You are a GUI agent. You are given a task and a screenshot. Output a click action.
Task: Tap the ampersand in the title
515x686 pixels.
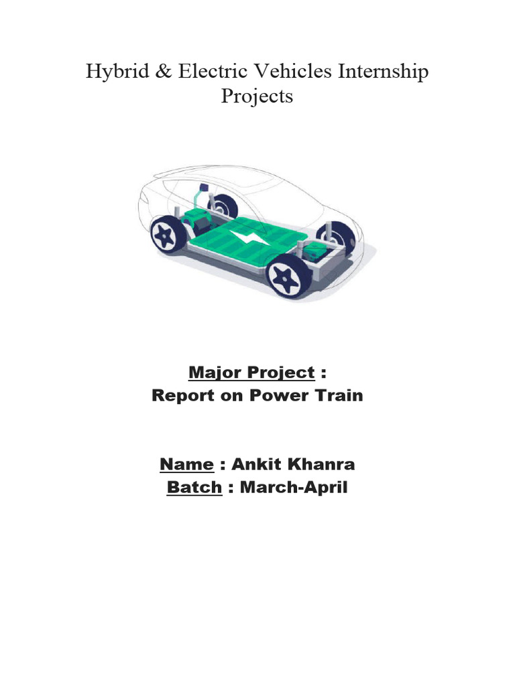coord(161,72)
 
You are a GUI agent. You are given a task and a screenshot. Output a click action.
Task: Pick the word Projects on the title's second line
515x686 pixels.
coord(257,97)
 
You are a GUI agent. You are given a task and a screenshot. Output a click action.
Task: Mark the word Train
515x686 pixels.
coord(336,395)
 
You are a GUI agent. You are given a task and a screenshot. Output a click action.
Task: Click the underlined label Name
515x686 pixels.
coord(186,464)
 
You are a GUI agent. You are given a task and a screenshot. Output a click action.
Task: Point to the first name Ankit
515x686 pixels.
coord(255,464)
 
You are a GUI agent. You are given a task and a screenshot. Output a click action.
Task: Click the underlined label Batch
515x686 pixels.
coord(194,488)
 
